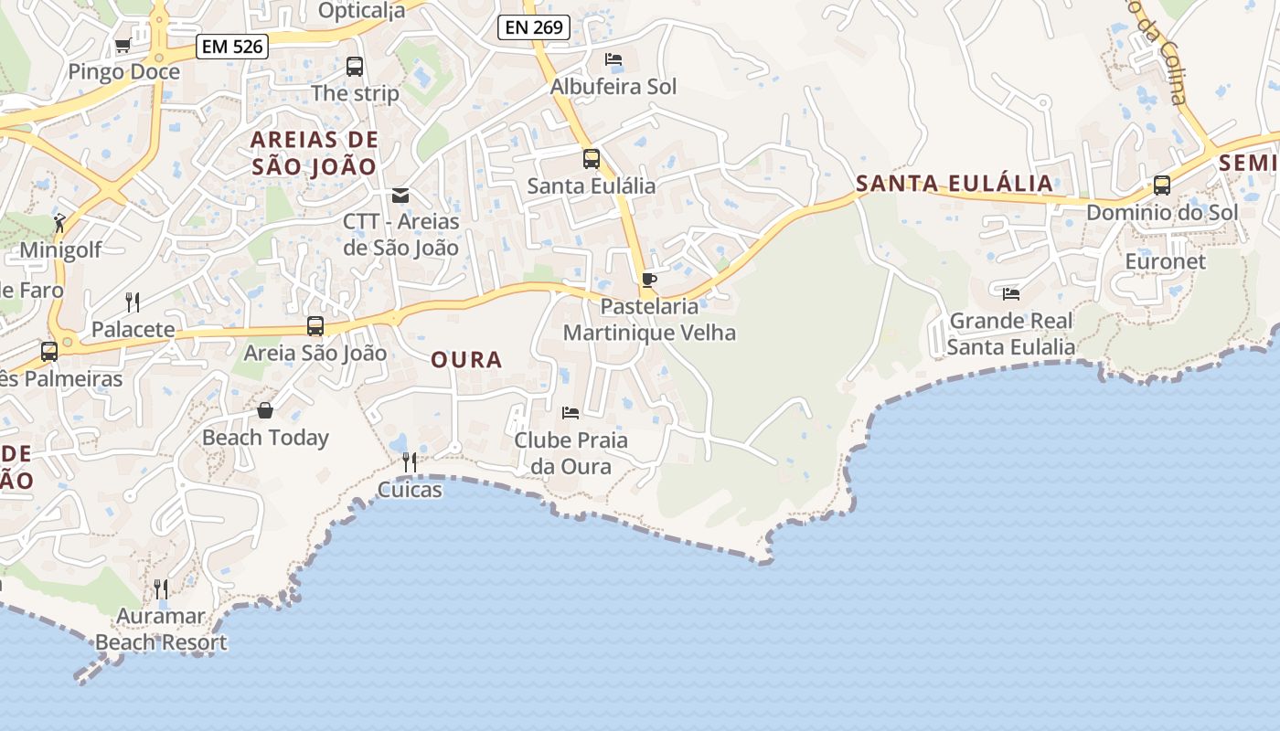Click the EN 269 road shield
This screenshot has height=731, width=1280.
coord(534,27)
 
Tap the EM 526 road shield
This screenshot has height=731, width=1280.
coord(232,47)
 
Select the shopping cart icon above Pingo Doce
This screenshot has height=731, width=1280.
coord(123,45)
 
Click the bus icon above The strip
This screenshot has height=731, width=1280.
coord(354,67)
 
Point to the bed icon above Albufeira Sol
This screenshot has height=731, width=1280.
coord(613,59)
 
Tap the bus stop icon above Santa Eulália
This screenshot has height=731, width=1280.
coord(592,159)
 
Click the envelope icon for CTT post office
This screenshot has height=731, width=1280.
coord(400,195)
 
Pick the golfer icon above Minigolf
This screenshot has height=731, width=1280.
coord(59,222)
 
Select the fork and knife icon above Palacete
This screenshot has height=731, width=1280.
coord(133,302)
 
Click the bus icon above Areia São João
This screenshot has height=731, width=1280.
coord(315,326)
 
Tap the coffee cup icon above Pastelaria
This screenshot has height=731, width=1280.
coord(649,280)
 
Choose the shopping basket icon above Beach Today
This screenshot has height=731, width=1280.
coord(265,410)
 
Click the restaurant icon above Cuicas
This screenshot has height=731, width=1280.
coord(410,462)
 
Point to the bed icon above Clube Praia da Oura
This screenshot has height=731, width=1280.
coord(571,413)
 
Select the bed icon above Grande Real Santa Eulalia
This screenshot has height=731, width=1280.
coord(1011,293)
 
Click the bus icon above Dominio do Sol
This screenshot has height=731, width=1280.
coord(1162,185)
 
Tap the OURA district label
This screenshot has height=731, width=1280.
coord(466,360)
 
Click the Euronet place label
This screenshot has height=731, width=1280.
coord(1166,261)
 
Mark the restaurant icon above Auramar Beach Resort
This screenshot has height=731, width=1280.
coord(161,588)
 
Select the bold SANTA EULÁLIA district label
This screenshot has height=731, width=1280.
coord(955,183)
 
